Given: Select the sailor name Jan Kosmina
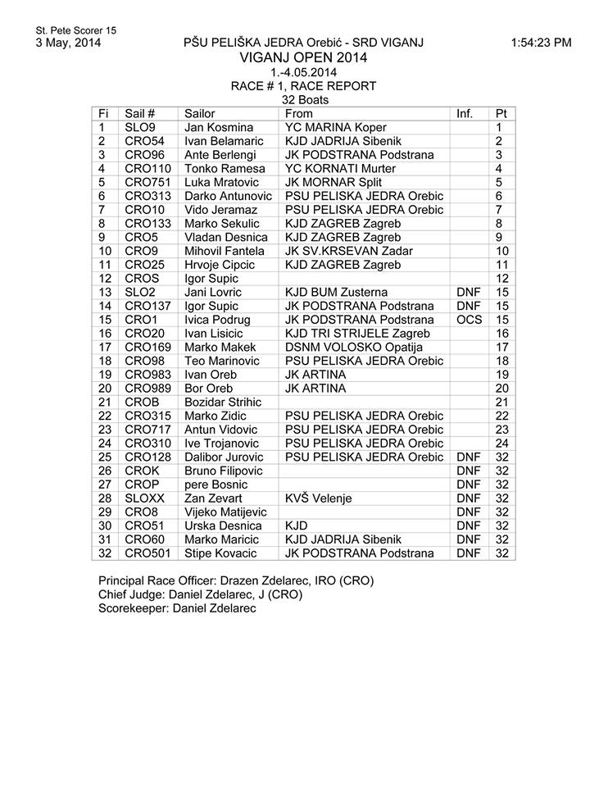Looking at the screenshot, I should [219, 128].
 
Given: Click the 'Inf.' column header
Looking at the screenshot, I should [465, 114].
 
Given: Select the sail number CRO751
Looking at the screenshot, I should [147, 183].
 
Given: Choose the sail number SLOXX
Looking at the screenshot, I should [145, 498].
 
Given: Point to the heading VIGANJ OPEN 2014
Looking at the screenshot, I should [304, 57].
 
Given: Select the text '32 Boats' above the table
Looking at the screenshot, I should [304, 100].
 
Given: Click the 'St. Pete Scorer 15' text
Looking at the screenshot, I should [76, 30].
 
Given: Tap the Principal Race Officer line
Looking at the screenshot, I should [236, 580].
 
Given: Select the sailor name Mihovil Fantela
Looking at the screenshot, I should [225, 251].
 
